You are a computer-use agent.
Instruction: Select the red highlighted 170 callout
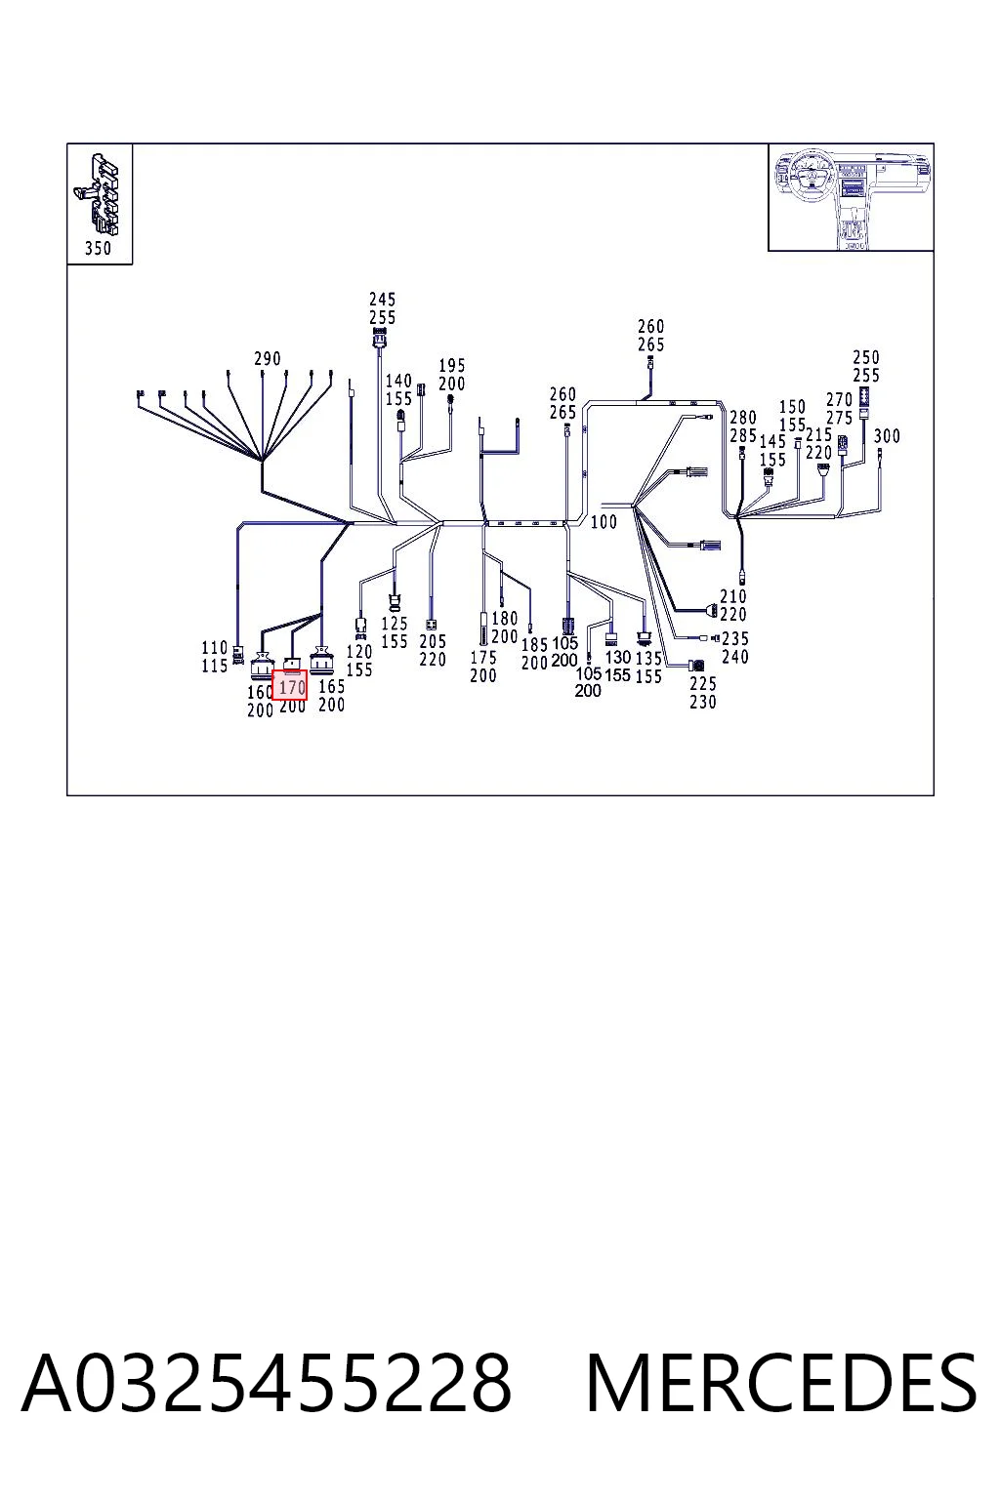[x=289, y=684]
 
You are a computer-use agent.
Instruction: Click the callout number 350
[x=98, y=248]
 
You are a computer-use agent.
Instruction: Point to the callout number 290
[x=268, y=359]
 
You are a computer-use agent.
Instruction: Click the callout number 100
[x=604, y=522]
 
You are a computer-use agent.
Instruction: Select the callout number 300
[x=887, y=436]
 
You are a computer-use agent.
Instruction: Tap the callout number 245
[x=383, y=300]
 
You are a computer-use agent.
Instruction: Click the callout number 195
[x=452, y=365]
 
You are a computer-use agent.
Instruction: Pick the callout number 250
[x=866, y=357]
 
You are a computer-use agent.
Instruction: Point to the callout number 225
[x=702, y=684]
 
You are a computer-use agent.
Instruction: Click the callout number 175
[x=483, y=658]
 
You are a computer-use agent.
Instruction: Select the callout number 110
[x=215, y=648]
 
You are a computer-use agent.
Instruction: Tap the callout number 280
[x=743, y=419]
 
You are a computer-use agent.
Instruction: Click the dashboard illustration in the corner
[x=851, y=197]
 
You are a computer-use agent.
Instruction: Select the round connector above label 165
[x=322, y=660]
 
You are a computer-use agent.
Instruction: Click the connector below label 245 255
[x=380, y=340]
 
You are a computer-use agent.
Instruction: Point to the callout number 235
[x=735, y=638]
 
